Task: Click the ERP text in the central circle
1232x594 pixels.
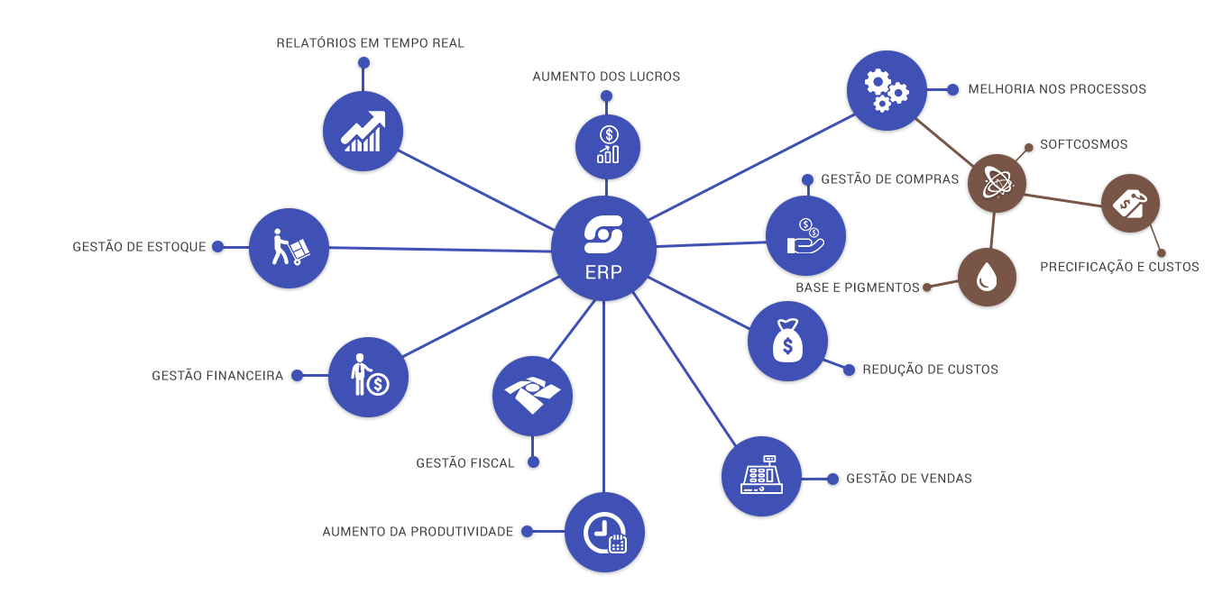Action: pyautogui.click(x=603, y=271)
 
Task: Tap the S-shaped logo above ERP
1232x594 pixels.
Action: pyautogui.click(x=603, y=234)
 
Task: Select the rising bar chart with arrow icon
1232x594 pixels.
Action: pyautogui.click(x=363, y=132)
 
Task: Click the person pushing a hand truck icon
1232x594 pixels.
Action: pyautogui.click(x=289, y=248)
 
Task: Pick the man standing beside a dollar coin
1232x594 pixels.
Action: pyautogui.click(x=368, y=378)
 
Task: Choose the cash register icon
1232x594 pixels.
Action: pyautogui.click(x=761, y=476)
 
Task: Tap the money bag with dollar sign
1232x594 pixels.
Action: pyautogui.click(x=787, y=342)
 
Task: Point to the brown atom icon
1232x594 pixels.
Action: pyautogui.click(x=994, y=183)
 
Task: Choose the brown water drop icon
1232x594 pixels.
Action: pyautogui.click(x=988, y=278)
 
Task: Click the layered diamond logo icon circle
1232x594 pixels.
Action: pyautogui.click(x=532, y=397)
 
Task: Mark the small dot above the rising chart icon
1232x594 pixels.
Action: pyautogui.click(x=363, y=63)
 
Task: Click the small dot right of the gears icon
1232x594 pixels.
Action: pyautogui.click(x=952, y=88)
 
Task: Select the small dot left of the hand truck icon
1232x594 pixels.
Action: pyautogui.click(x=217, y=247)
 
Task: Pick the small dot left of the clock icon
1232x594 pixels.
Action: pyautogui.click(x=526, y=532)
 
